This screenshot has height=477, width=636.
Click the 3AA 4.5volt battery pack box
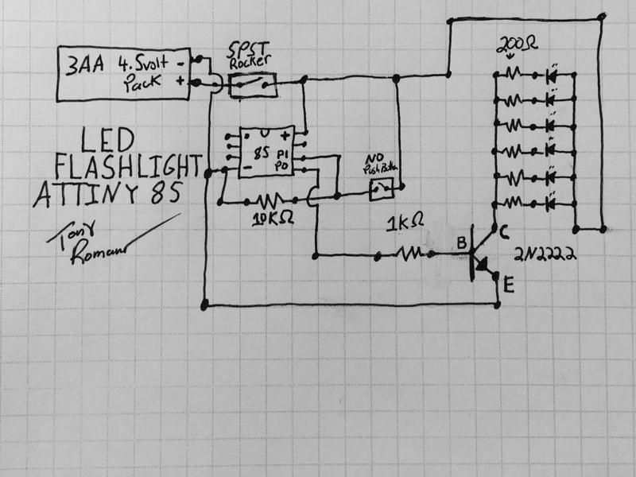click(123, 73)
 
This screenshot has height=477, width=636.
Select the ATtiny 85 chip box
click(261, 151)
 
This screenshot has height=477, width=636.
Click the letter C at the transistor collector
click(502, 231)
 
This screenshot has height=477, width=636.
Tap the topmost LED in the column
click(551, 76)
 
